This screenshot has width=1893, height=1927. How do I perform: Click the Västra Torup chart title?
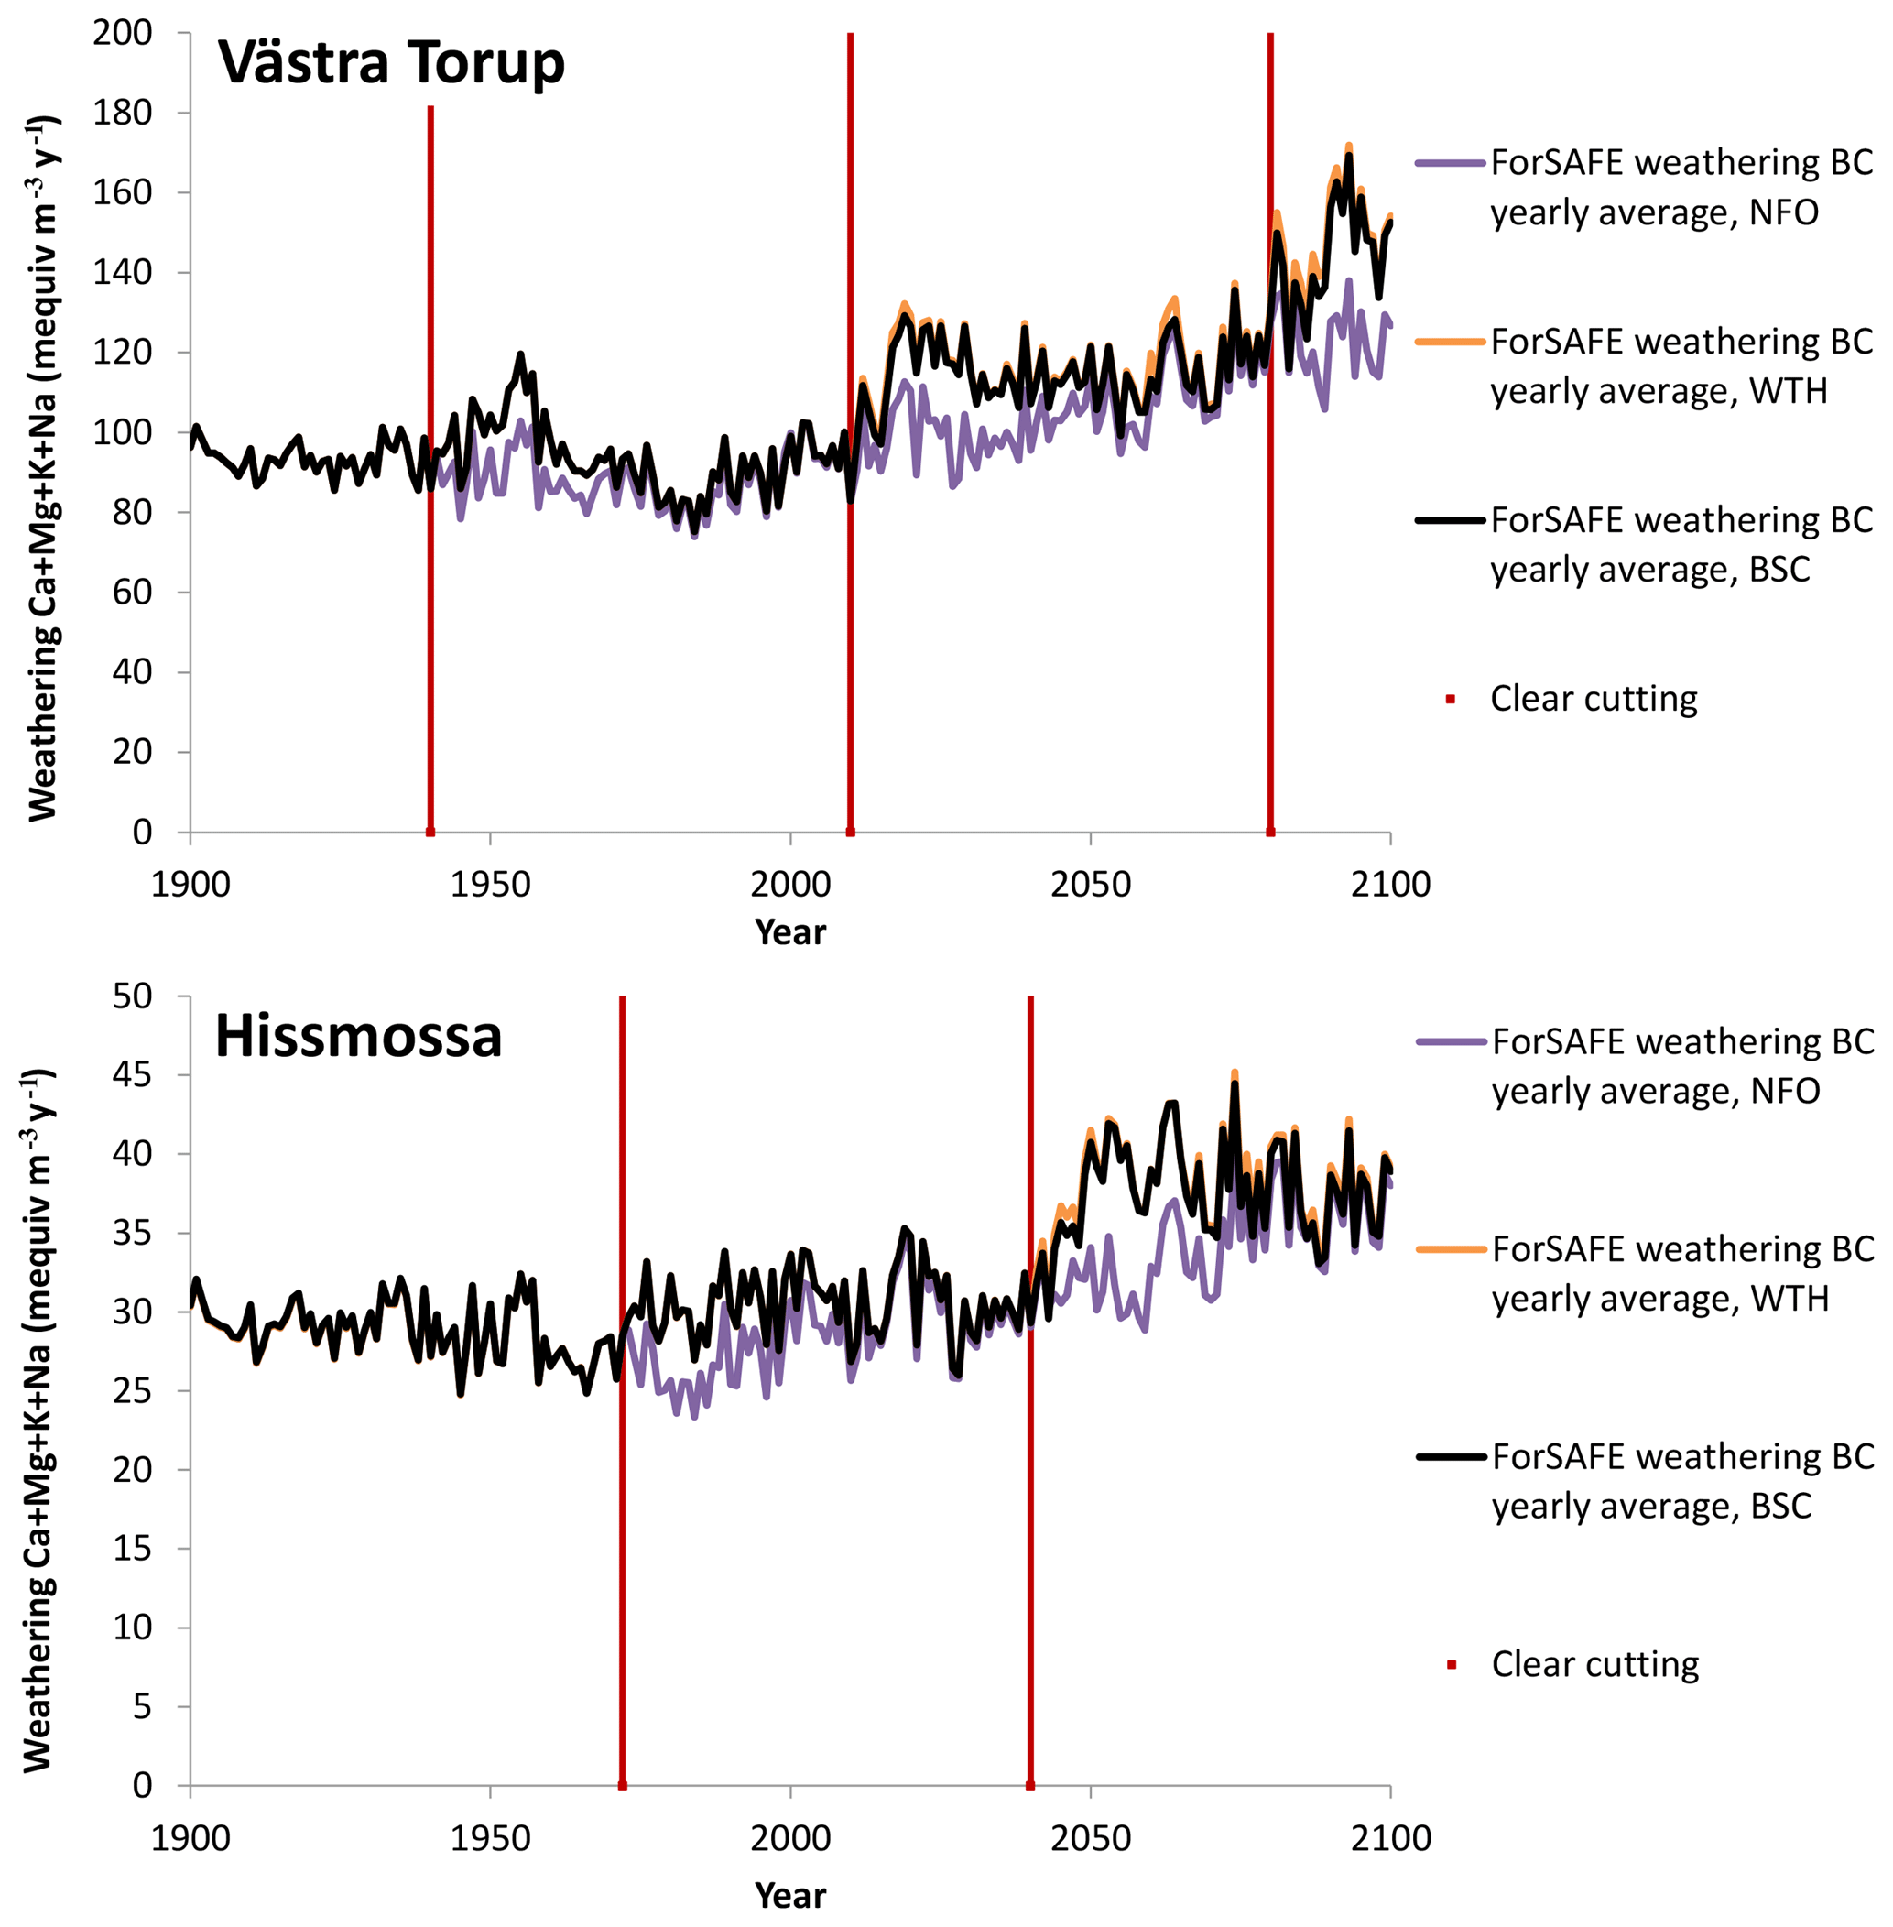(391, 62)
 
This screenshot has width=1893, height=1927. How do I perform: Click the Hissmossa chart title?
(358, 1036)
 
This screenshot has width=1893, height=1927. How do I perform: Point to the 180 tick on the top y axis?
(123, 113)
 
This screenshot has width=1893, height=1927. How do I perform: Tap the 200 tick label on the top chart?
(123, 33)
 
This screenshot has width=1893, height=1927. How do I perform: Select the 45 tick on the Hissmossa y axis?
(132, 1075)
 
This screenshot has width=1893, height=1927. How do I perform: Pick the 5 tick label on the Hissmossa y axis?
(142, 1706)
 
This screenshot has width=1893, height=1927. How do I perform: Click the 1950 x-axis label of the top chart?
(490, 884)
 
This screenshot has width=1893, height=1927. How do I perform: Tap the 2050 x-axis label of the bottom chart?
(1091, 1837)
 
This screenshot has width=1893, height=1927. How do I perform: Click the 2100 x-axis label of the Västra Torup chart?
(1390, 884)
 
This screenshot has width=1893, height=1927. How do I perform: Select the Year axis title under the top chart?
(789, 931)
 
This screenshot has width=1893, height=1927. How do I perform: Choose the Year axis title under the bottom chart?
(789, 1895)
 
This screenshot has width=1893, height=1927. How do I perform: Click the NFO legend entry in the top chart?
(1681, 187)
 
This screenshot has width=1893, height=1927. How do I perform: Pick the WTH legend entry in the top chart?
(1681, 366)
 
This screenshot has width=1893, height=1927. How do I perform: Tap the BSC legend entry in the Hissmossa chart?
(1682, 1482)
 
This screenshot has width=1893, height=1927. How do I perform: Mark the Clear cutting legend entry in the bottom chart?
(1594, 1664)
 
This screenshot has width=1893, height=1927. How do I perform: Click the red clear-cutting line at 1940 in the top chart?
(430, 467)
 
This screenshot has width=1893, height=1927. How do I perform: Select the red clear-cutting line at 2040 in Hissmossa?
(1030, 1392)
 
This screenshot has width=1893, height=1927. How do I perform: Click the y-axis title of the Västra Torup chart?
(44, 467)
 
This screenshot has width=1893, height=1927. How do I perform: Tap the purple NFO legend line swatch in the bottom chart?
(1452, 1041)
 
